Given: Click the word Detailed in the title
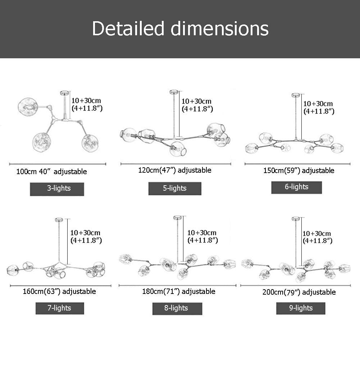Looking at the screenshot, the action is [128, 28].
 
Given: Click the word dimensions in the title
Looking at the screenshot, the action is [220, 28].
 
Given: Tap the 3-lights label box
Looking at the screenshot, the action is [57, 189].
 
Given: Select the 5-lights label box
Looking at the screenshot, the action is [175, 189].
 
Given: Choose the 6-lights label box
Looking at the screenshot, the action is [296, 187].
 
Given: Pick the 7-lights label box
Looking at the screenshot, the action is [60, 308].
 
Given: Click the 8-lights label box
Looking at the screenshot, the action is [177, 308].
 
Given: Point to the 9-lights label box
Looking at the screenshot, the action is [301, 308].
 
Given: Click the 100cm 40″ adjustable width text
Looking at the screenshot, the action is [51, 172].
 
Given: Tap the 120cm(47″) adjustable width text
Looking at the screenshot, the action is [175, 170].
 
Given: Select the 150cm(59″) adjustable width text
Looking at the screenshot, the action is [299, 171].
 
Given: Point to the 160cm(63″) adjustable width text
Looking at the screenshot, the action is [59, 291].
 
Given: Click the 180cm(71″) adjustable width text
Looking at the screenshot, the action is [179, 291].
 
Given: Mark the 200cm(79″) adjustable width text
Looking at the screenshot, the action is [299, 292].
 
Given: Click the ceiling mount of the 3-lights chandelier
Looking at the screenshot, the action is [64, 93].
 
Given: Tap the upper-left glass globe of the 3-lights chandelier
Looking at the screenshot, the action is [28, 107].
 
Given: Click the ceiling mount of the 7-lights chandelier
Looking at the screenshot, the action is [59, 220].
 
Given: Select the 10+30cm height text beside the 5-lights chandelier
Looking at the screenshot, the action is [196, 101].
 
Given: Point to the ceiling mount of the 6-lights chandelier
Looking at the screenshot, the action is [296, 95].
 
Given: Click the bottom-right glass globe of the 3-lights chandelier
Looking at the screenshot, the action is [90, 143].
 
